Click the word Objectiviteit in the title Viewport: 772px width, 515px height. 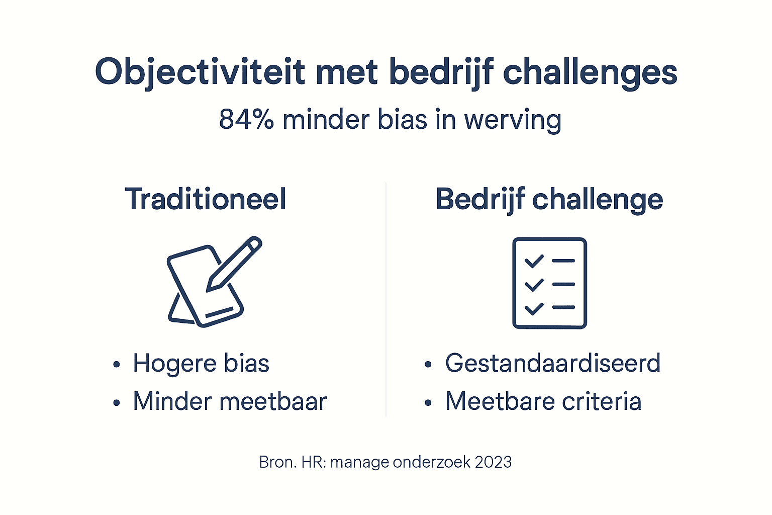coord(200,72)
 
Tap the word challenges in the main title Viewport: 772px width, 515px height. coord(590,72)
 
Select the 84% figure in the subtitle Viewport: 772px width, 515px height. coord(246,120)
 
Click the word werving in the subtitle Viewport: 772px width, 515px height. coord(512,121)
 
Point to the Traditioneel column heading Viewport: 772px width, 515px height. coord(206,199)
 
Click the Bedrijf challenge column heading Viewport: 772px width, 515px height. coord(549,199)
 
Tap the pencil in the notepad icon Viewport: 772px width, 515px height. coord(235,264)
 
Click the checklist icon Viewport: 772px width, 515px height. coord(549,283)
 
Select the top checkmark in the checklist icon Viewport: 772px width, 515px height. coord(534,261)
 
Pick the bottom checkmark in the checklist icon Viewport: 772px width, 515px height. coord(534,308)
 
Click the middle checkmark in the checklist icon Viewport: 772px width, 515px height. coord(534,285)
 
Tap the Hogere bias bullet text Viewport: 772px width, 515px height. coord(201,363)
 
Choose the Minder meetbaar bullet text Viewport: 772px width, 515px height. coord(230,401)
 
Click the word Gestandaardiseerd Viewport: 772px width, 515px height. coord(552,363)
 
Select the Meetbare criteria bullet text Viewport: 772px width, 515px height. coord(543,401)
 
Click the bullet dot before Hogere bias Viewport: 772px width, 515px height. coord(117,365)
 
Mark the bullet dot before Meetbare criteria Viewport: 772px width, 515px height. coord(428,403)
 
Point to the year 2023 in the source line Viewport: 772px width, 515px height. coord(493,462)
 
